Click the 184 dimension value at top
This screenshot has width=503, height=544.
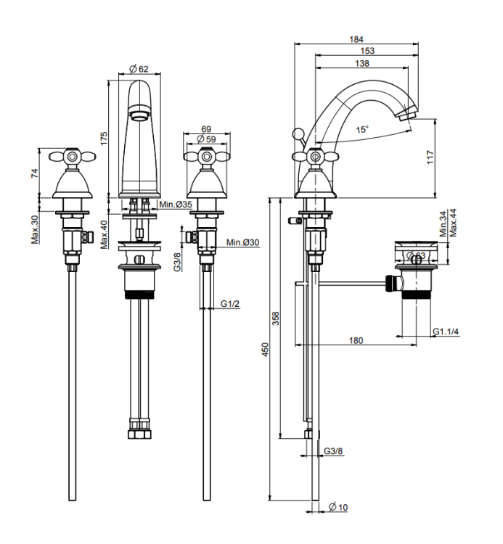[356, 38]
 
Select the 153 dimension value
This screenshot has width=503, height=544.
[367, 51]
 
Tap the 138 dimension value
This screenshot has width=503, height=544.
[361, 64]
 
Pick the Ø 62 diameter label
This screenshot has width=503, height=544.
[139, 69]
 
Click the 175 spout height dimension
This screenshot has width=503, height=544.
[104, 138]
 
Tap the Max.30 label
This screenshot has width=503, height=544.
[35, 230]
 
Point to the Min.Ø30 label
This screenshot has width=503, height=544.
[242, 242]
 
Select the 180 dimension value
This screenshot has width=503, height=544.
[356, 340]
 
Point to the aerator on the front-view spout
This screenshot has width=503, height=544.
[139, 113]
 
